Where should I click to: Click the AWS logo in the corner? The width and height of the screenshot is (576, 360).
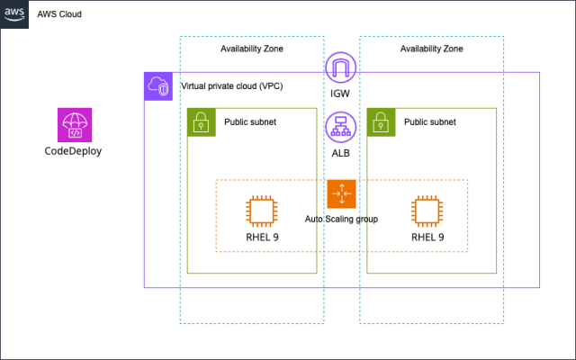[x=13, y=13]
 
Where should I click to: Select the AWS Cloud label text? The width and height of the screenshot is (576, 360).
[x=59, y=14]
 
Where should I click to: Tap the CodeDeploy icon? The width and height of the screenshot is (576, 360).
[x=74, y=126]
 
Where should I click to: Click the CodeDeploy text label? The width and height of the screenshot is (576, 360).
[x=74, y=151]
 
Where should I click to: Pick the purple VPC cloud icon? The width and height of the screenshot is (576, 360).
[x=158, y=86]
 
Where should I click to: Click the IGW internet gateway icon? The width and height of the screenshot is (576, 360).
[x=341, y=68]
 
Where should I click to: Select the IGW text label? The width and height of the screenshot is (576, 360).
[x=341, y=94]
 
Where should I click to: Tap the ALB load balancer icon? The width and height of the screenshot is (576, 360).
[x=341, y=129]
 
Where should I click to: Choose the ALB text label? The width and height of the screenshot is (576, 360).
[x=341, y=153]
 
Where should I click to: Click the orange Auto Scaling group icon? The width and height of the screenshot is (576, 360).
[x=342, y=194]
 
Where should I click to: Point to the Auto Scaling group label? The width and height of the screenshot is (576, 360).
[x=341, y=219]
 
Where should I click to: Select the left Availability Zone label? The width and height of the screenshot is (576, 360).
[x=252, y=49]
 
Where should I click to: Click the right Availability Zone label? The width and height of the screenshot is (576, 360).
[x=432, y=49]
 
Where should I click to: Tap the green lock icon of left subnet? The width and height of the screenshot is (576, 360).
[x=202, y=122]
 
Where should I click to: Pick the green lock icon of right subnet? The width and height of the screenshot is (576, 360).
[x=382, y=122]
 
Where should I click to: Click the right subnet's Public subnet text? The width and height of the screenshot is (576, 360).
[x=429, y=121]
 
